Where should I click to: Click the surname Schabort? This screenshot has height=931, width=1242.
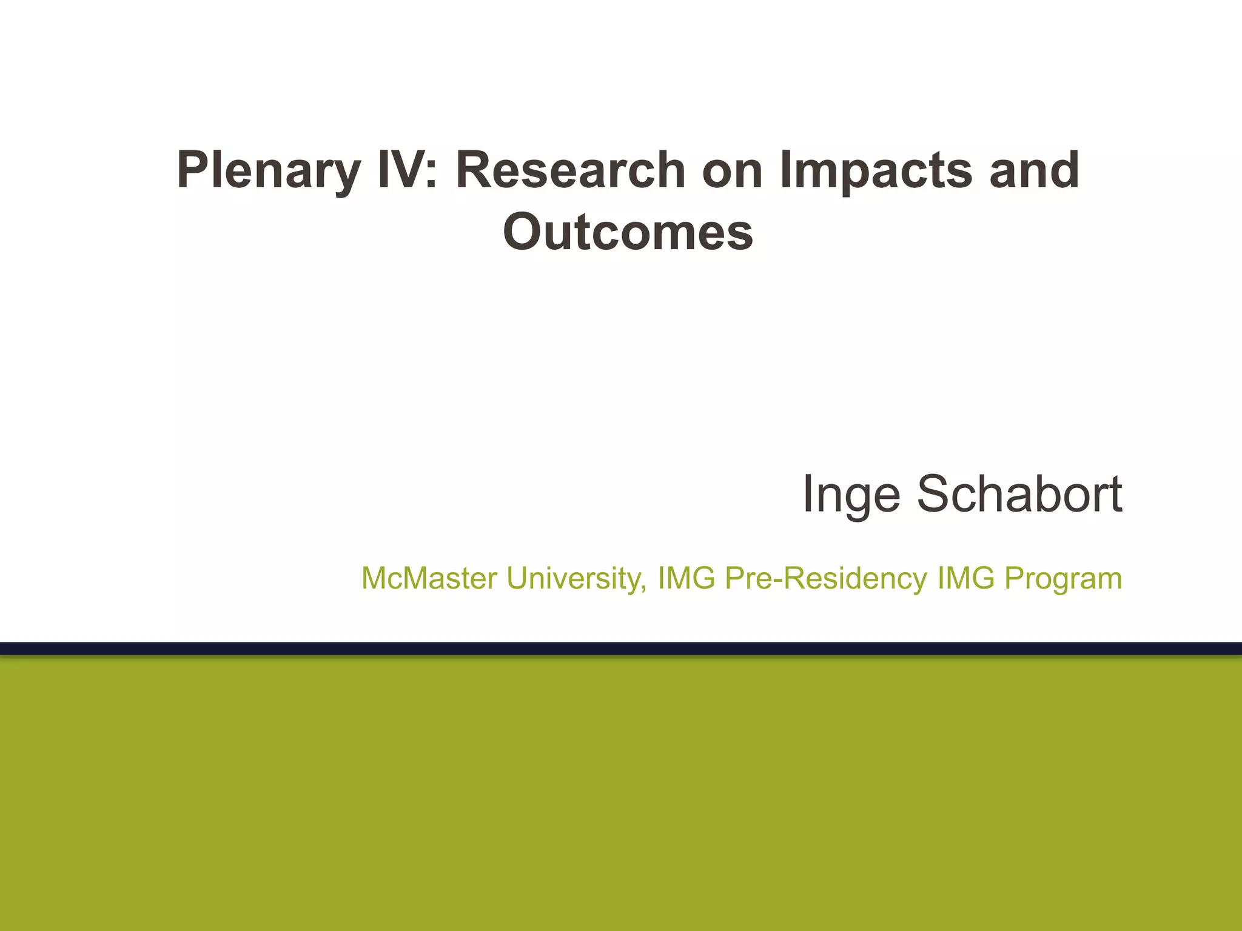point(1019,494)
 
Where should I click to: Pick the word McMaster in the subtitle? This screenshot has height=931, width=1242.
point(429,578)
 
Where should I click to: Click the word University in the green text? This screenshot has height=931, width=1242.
point(575,579)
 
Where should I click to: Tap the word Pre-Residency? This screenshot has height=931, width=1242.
point(826,579)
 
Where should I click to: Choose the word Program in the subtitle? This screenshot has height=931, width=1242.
point(1063,579)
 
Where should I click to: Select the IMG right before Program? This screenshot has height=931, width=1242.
point(965,578)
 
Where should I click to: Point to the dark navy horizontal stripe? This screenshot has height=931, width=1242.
point(621,648)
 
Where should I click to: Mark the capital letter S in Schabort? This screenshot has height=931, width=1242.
point(934,494)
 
